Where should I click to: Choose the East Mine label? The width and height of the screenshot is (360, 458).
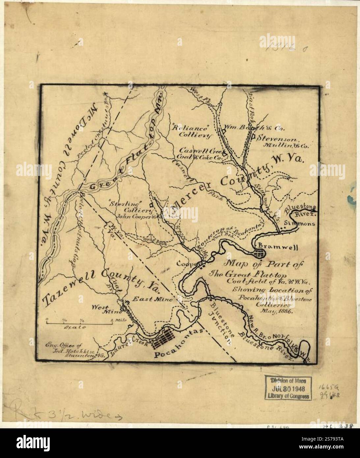pyautogui.click(x=152, y=299)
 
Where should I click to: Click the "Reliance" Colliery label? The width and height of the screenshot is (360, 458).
pyautogui.click(x=191, y=131)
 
